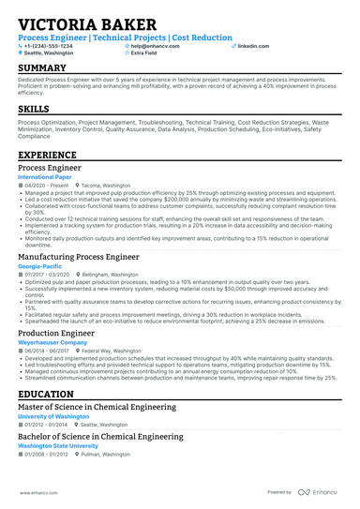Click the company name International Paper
[45, 175]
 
